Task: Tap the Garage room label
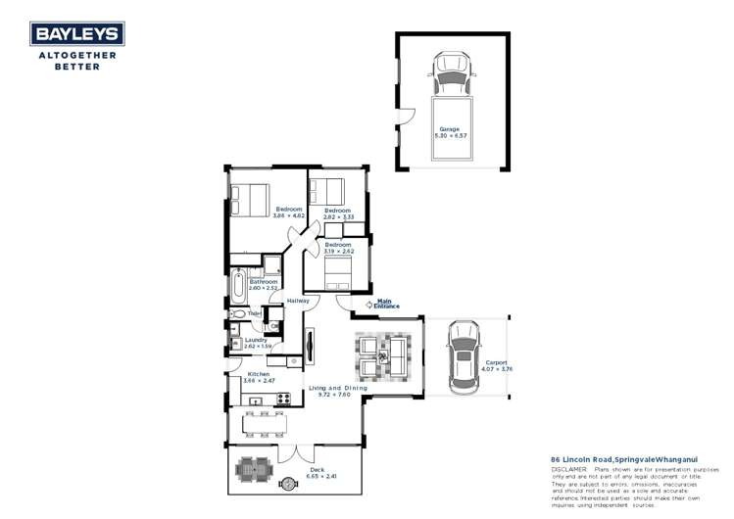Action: pos(449,129)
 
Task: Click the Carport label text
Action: pos(496,361)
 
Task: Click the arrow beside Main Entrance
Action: pos(368,304)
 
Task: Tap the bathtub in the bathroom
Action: pos(238,287)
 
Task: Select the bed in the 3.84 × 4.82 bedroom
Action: pos(249,201)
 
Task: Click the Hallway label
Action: pos(298,301)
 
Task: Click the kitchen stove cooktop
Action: pos(284,399)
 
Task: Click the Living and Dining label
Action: pos(337,389)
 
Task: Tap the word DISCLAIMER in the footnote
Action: pos(568,470)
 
